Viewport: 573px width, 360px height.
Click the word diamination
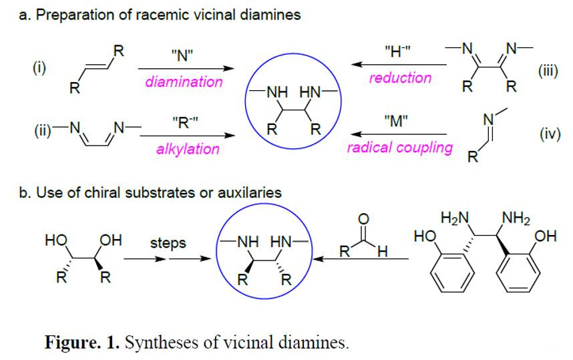coord(184,82)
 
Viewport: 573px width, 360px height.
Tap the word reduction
coord(400,77)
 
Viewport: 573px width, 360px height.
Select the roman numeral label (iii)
coord(547,72)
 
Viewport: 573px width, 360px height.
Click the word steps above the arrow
coord(168,243)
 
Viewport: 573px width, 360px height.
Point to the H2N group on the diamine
coord(455,218)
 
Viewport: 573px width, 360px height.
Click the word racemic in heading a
coord(154,15)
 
